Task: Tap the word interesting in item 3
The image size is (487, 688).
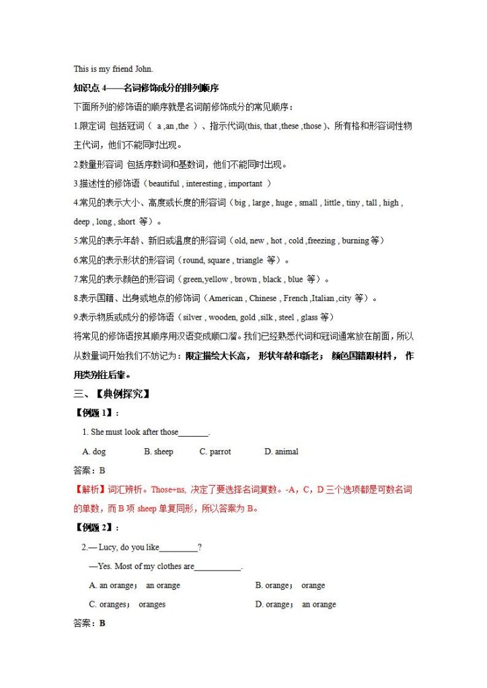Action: (204, 183)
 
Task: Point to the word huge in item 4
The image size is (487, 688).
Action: (284, 202)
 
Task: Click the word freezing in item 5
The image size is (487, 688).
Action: (322, 241)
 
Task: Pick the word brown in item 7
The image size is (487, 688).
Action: (246, 279)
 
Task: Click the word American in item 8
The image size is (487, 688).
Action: (226, 298)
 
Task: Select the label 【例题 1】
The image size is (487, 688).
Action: (93, 413)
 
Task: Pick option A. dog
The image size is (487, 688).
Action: (94, 451)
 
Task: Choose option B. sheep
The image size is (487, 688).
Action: (159, 451)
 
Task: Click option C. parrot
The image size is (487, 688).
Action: (215, 451)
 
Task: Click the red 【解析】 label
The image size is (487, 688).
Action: (89, 490)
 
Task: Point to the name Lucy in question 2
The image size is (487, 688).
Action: (108, 548)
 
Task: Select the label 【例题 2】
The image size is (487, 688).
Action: (93, 528)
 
